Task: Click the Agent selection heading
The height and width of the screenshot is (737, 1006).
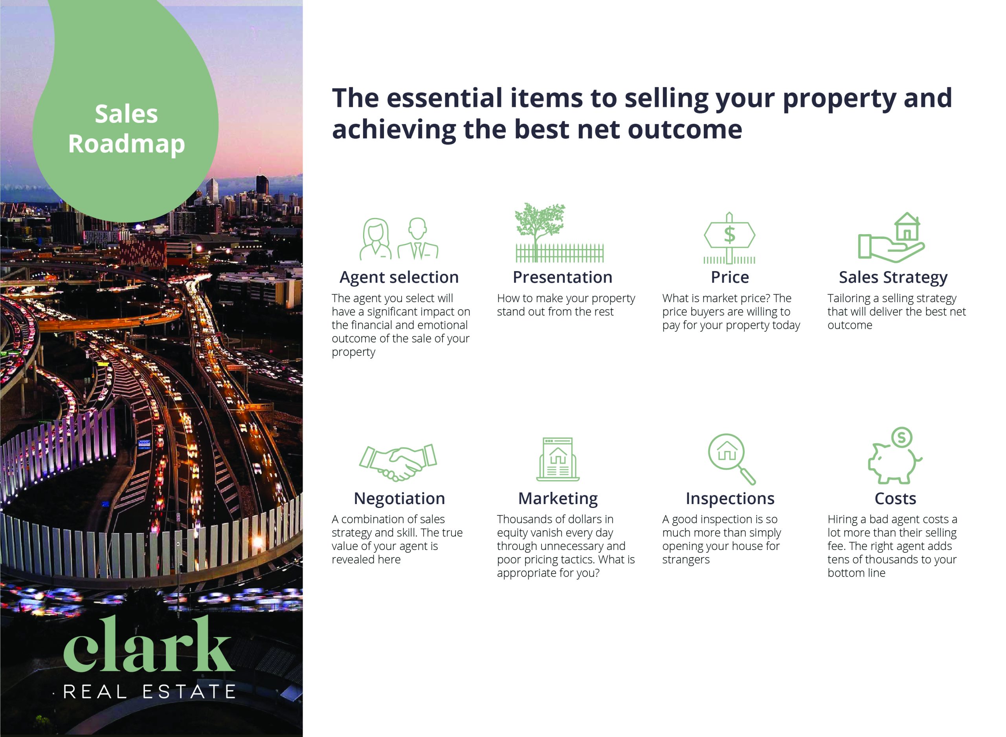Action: point(399,277)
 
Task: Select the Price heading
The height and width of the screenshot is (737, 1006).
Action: point(729,277)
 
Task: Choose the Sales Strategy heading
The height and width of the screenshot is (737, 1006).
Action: point(893,277)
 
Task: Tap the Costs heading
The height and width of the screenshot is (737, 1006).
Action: point(895,498)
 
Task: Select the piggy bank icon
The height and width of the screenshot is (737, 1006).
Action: point(894,455)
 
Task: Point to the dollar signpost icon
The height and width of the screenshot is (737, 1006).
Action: point(729,238)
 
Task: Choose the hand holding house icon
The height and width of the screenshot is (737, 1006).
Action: point(891,237)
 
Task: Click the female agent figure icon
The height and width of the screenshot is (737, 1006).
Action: point(376,239)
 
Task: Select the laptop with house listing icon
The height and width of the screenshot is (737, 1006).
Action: point(558,459)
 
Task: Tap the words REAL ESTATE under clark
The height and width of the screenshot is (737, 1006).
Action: point(149,692)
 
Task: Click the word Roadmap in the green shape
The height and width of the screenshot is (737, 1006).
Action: point(126,145)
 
